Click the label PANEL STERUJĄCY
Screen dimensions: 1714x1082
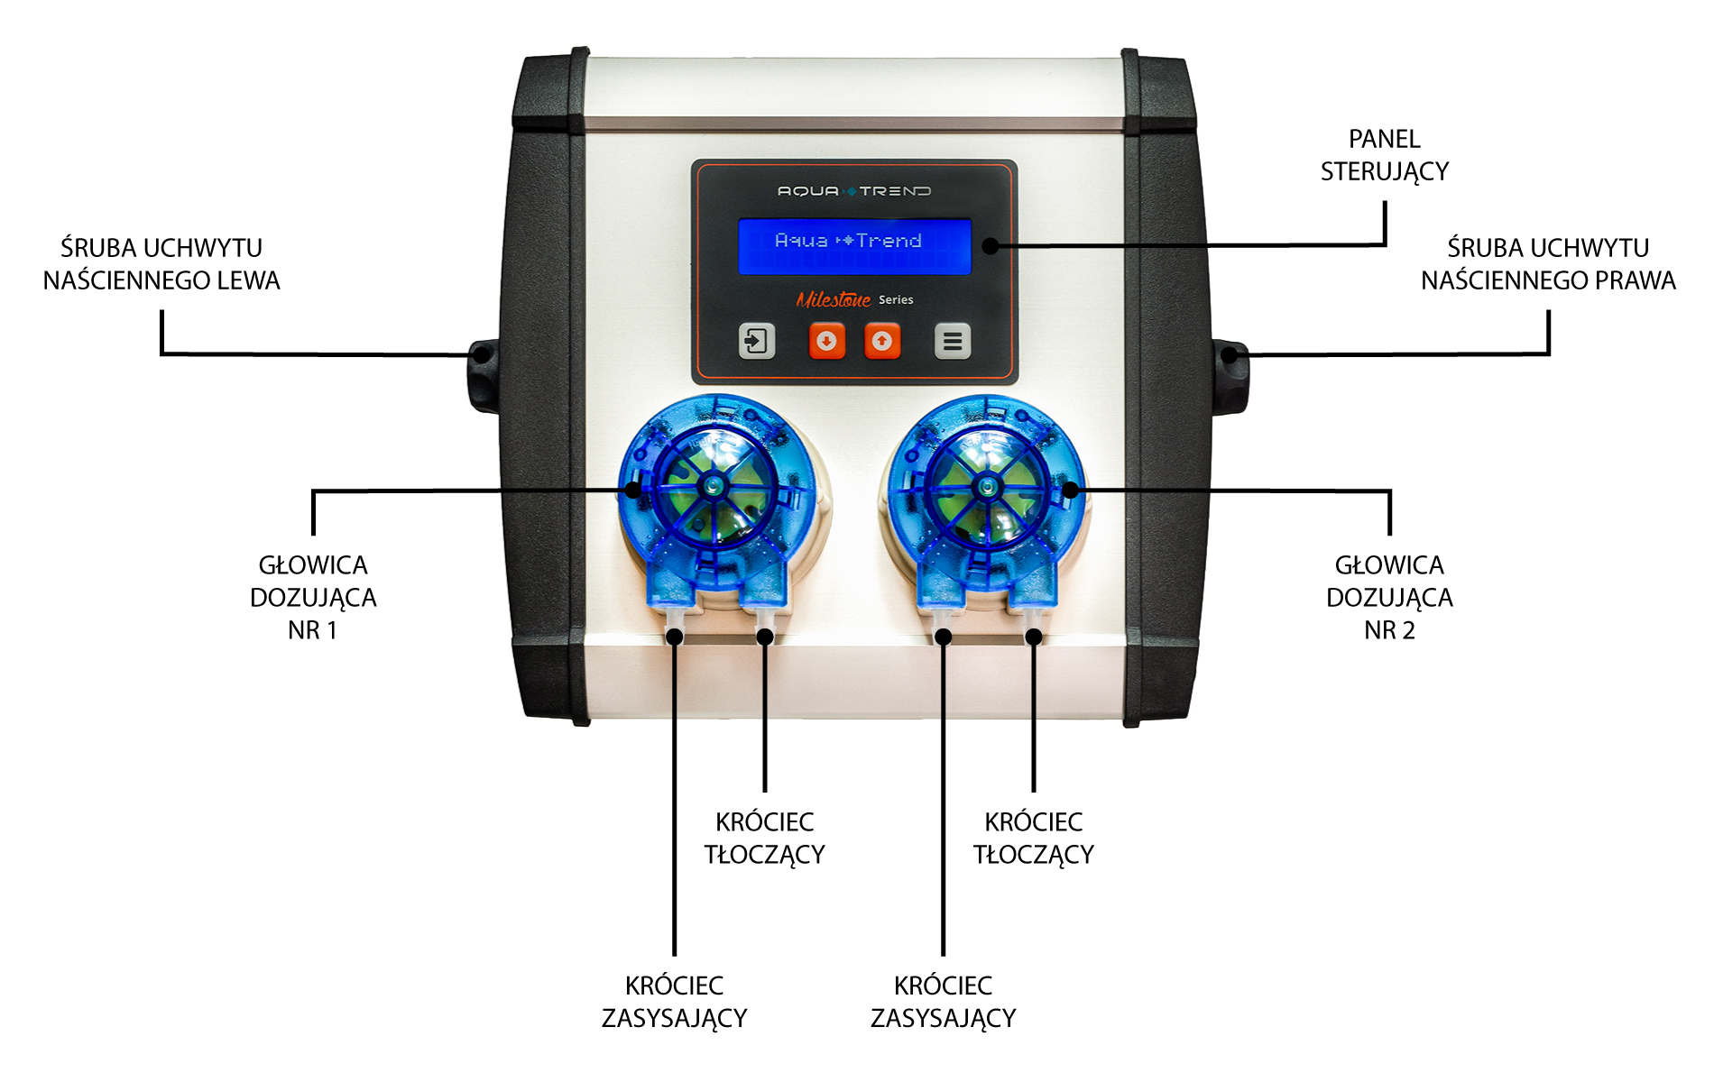[1385, 156]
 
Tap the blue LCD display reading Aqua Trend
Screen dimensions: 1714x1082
[854, 246]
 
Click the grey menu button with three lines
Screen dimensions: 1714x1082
[953, 341]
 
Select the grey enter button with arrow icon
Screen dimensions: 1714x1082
[757, 341]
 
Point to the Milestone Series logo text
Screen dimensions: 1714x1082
[854, 299]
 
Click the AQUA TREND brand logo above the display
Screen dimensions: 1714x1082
[854, 191]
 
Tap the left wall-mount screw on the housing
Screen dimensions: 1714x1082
[483, 354]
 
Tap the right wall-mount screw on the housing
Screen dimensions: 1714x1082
[1230, 354]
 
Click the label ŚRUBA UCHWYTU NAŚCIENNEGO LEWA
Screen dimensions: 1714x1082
[161, 264]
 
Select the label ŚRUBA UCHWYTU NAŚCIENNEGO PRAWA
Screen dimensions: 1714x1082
[1548, 264]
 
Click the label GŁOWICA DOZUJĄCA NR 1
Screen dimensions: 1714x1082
[313, 598]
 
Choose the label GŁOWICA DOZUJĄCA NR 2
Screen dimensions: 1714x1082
[1389, 598]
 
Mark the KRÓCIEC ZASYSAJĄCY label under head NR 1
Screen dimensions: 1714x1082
[674, 1002]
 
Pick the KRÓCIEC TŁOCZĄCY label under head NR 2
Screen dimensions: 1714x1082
[1033, 839]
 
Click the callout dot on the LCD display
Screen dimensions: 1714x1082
[991, 245]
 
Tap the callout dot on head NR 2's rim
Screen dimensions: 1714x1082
[1071, 490]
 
